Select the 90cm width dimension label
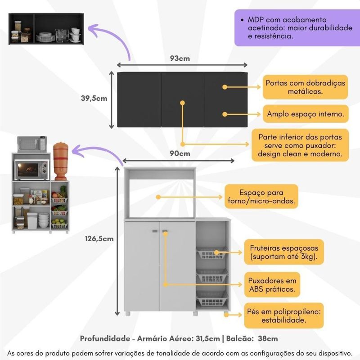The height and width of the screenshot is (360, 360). click(x=180, y=153)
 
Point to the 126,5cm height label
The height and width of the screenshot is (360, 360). click(x=99, y=238)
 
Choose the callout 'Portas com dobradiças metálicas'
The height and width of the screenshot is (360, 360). click(x=305, y=87)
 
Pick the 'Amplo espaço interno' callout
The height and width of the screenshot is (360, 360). click(x=305, y=114)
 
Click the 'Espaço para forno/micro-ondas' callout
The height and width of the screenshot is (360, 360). click(x=261, y=196)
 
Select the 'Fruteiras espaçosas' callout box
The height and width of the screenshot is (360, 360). click(x=281, y=252)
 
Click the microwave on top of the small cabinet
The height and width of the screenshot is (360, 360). click(x=32, y=144)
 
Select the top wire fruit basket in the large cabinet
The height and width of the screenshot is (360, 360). click(x=212, y=255)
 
